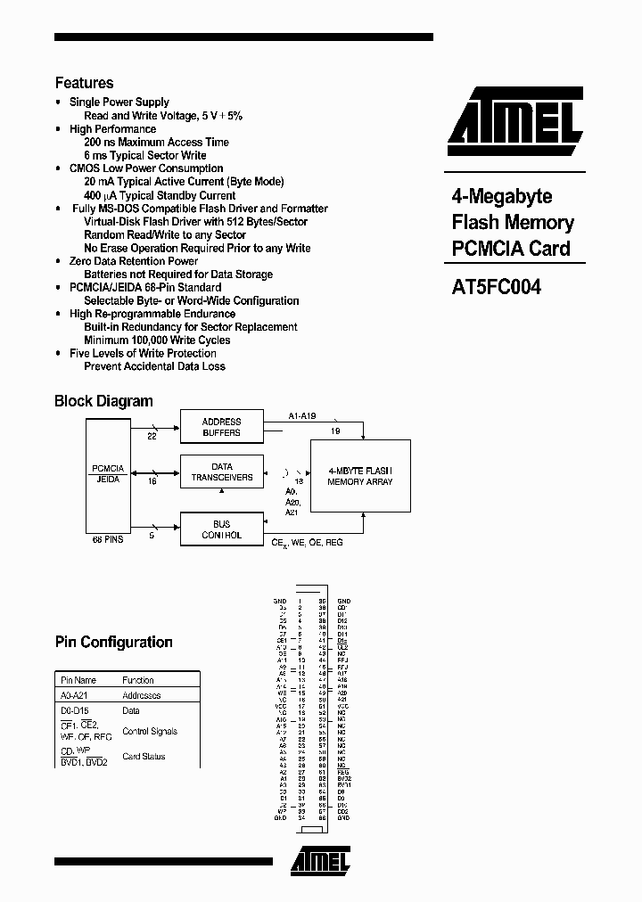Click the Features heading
(84, 83)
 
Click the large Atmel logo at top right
(514, 121)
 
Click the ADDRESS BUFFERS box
(222, 427)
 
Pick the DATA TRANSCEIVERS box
(222, 471)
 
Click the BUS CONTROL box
(222, 529)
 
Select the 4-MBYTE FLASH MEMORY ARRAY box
(360, 477)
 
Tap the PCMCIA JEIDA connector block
(108, 473)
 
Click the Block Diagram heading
(103, 401)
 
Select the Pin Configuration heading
(113, 642)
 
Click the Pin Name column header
(78, 680)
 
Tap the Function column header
(138, 680)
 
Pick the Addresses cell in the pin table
(141, 695)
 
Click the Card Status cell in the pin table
(144, 757)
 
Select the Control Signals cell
(150, 731)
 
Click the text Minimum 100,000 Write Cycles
(157, 340)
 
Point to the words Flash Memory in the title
(512, 223)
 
